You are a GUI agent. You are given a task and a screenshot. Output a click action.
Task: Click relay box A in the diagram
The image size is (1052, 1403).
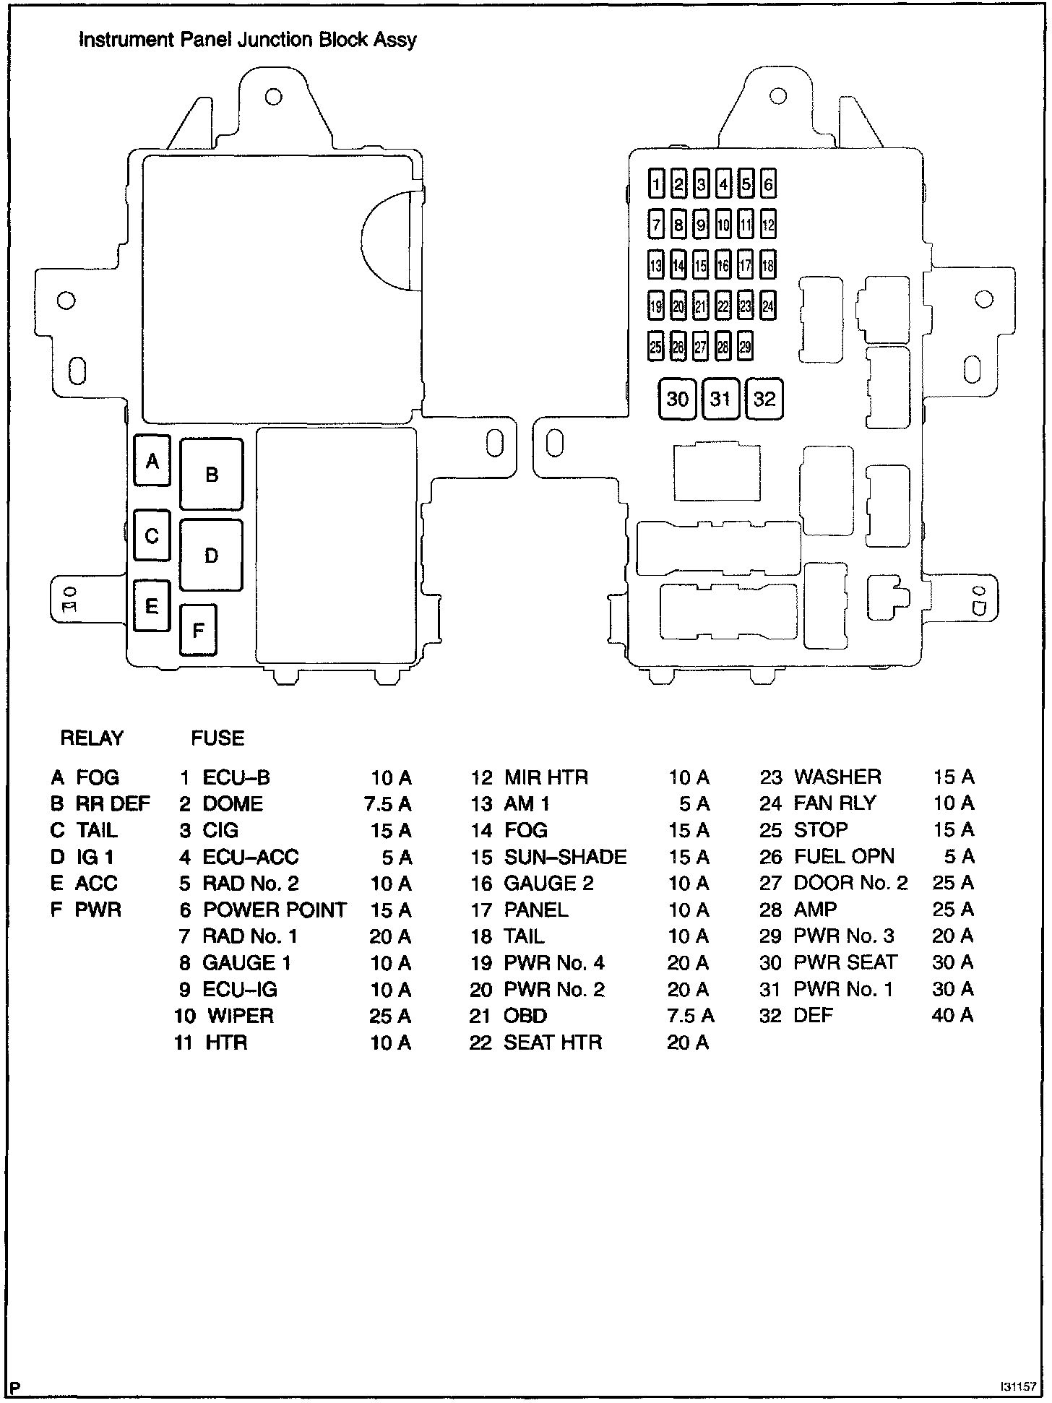pyautogui.click(x=152, y=460)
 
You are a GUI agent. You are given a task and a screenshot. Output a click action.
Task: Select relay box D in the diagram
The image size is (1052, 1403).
pyautogui.click(x=211, y=556)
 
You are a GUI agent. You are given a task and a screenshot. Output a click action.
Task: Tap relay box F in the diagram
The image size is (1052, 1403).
pyautogui.click(x=198, y=630)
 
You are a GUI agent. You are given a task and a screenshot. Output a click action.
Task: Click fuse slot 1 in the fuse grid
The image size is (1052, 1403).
pyautogui.click(x=656, y=184)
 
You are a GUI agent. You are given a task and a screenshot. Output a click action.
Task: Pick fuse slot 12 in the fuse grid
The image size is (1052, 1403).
pyautogui.click(x=768, y=225)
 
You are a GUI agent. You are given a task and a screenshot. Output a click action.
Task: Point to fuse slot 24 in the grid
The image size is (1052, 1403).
pyautogui.click(x=768, y=306)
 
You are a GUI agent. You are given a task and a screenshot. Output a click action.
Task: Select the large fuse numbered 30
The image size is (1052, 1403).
pyautogui.click(x=677, y=399)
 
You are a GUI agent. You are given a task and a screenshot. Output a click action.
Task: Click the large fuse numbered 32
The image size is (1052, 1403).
pyautogui.click(x=764, y=399)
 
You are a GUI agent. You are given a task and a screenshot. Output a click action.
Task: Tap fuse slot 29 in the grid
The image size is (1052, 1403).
pyautogui.click(x=745, y=347)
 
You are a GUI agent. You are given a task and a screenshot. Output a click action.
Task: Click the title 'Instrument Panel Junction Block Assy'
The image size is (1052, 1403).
pyautogui.click(x=247, y=40)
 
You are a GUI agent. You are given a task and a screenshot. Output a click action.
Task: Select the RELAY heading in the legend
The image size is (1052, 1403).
pyautogui.click(x=92, y=738)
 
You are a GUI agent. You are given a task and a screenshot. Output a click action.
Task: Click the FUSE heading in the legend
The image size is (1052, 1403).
pyautogui.click(x=217, y=738)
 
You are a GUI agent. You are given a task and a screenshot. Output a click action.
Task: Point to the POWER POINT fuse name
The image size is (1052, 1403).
pyautogui.click(x=275, y=910)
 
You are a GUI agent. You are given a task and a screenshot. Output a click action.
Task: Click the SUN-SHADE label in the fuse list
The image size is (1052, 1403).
pyautogui.click(x=565, y=857)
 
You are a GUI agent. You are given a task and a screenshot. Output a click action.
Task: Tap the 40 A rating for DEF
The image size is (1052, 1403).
pyautogui.click(x=952, y=1015)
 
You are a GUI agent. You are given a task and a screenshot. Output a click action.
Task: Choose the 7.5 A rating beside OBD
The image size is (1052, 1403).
pyautogui.click(x=690, y=1016)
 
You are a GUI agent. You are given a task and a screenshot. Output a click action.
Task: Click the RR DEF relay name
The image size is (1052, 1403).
pyautogui.click(x=113, y=803)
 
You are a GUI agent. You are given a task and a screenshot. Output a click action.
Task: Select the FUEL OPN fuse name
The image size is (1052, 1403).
pyautogui.click(x=844, y=856)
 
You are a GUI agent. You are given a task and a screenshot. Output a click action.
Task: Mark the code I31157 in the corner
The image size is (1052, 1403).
pyautogui.click(x=1017, y=1387)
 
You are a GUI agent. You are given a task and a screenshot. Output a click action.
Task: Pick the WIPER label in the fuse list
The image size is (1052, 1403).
pyautogui.click(x=241, y=1016)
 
